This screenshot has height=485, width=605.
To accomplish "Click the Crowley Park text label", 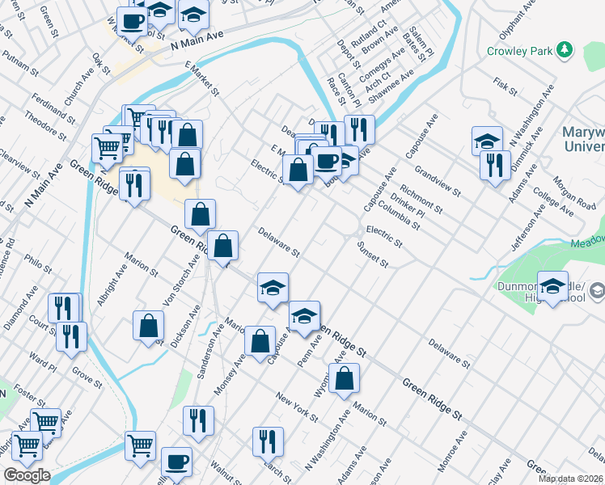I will point(519,51).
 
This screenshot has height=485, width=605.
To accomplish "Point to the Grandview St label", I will point(438,182).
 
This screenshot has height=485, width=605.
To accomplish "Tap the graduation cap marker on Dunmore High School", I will point(553,288).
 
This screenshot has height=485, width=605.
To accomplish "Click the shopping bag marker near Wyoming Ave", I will point(344,377).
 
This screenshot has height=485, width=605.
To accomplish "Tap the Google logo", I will point(26,475).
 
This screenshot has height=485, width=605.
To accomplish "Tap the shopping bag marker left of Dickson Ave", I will point(149,327).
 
